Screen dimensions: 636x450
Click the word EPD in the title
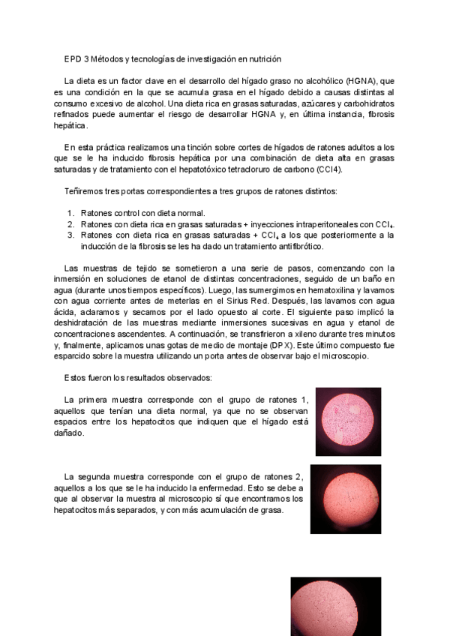[72, 58]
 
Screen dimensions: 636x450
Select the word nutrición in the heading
[262, 58]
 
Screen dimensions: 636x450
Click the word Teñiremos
[83, 191]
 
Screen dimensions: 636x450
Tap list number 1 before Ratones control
[70, 213]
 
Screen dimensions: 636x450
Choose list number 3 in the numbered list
[70, 235]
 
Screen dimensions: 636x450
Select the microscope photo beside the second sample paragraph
[346, 499]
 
